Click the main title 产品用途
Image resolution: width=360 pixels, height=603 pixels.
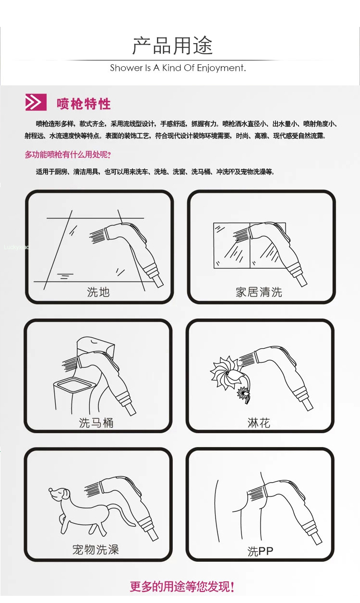[172, 46]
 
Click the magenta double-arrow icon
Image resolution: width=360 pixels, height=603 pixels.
[36, 102]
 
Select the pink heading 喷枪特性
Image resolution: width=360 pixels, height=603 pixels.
[84, 104]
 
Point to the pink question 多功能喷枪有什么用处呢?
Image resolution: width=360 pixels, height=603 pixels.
[68, 154]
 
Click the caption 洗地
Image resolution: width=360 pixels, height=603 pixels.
[98, 292]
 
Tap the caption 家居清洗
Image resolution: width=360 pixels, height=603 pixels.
[259, 292]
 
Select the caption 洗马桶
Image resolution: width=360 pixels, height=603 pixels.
[96, 423]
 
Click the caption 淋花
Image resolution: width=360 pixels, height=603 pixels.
[259, 423]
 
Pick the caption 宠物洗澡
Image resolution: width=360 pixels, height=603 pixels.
[96, 549]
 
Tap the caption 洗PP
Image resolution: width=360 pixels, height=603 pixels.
[260, 551]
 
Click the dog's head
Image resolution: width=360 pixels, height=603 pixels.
[59, 494]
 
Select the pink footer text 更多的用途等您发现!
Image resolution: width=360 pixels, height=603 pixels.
[182, 587]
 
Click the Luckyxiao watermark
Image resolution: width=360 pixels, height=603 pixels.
[16, 247]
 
